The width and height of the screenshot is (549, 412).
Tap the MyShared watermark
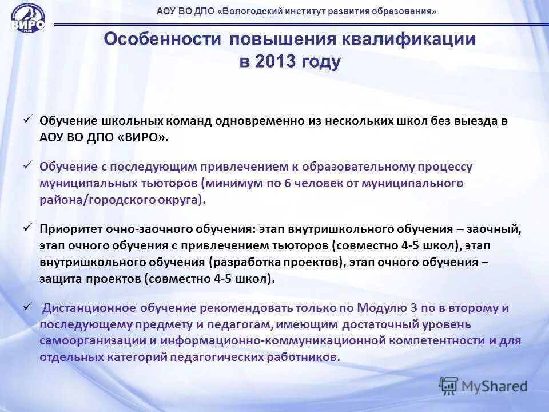[x=483, y=385]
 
